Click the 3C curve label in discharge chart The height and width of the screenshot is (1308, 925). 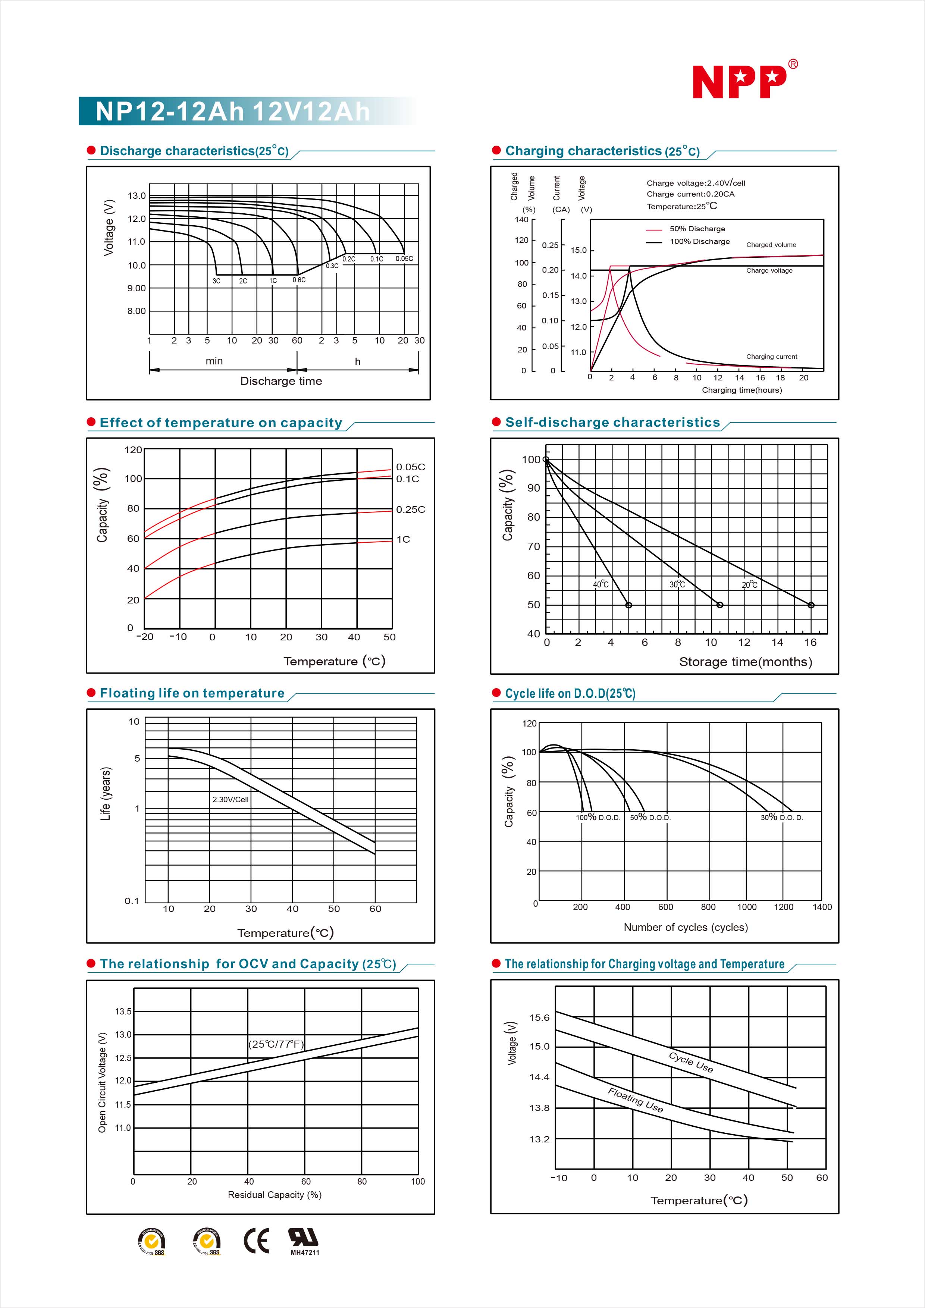pyautogui.click(x=216, y=281)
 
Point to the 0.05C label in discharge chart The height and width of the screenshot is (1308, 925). pyautogui.click(x=404, y=258)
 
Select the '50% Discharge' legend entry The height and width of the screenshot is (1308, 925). pyautogui.click(x=697, y=229)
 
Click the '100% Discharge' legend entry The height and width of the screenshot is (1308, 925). pyautogui.click(x=699, y=242)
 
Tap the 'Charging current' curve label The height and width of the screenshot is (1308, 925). pyautogui.click(x=771, y=357)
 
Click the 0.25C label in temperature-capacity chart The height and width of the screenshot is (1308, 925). pyautogui.click(x=410, y=509)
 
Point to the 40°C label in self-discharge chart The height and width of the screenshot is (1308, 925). pyautogui.click(x=601, y=584)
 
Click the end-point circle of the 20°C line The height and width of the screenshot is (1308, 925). pyautogui.click(x=810, y=605)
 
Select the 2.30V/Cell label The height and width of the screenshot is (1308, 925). pyautogui.click(x=230, y=799)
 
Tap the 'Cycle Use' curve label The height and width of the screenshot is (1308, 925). pyautogui.click(x=691, y=1062)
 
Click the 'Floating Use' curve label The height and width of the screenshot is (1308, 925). pyautogui.click(x=635, y=1100)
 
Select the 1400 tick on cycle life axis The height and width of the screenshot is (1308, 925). pyautogui.click(x=821, y=907)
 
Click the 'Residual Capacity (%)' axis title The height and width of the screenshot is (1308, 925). pyautogui.click(x=275, y=1195)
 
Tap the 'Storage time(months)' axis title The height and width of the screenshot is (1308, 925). pyautogui.click(x=745, y=662)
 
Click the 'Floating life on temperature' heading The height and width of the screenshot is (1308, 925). pyautogui.click(x=192, y=693)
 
